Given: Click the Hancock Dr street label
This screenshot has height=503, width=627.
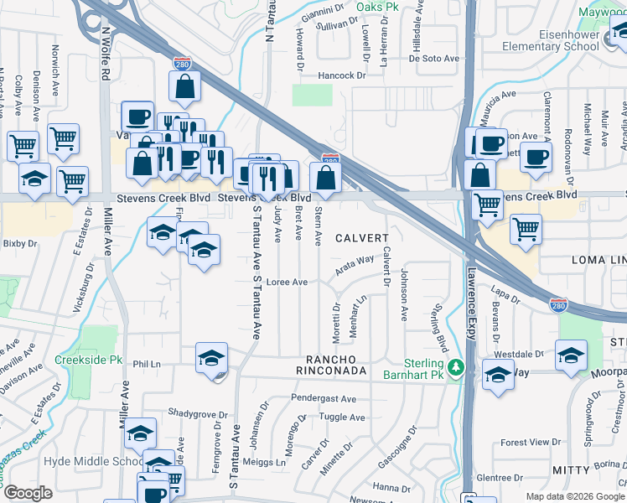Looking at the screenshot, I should [344, 75].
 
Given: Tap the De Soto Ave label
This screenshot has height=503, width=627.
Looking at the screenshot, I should [435, 59].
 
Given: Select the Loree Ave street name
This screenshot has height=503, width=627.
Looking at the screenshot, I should [287, 283].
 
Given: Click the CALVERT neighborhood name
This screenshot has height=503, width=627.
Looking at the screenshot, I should [362, 238].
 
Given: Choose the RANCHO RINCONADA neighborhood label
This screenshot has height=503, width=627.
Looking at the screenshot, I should [333, 370].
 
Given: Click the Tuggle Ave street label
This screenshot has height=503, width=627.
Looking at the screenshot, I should [343, 417].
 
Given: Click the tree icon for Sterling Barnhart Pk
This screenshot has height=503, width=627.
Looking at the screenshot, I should [455, 367].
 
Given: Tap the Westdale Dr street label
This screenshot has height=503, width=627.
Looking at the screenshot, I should [524, 354].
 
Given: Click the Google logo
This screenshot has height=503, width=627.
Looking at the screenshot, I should [28, 493].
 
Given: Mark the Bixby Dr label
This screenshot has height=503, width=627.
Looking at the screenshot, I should [21, 244].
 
